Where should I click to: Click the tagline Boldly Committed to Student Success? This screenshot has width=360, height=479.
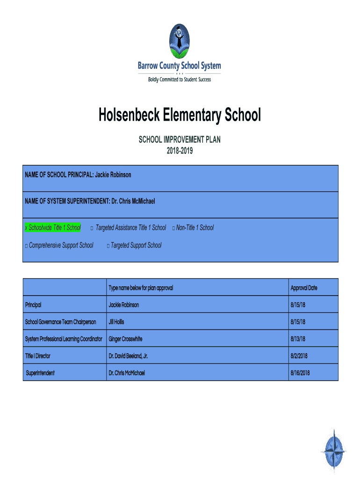pyautogui.click(x=180, y=80)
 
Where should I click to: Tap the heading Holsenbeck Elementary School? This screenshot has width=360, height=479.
pyautogui.click(x=180, y=115)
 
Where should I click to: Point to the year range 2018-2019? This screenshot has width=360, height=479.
pyautogui.click(x=180, y=151)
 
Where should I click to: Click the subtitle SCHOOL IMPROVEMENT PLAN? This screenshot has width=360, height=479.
pyautogui.click(x=180, y=139)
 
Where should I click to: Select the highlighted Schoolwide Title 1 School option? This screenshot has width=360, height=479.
pyautogui.click(x=52, y=228)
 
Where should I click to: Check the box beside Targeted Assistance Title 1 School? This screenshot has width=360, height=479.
pyautogui.click(x=92, y=228)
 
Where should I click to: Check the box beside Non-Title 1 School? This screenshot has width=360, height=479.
pyautogui.click(x=173, y=228)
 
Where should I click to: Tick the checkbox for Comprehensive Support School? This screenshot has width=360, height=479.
pyautogui.click(x=26, y=246)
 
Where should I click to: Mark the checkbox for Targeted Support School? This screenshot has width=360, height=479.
pyautogui.click(x=108, y=246)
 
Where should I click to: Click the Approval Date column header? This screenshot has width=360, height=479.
pyautogui.click(x=304, y=288)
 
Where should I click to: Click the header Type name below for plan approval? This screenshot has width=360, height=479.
pyautogui.click(x=141, y=288)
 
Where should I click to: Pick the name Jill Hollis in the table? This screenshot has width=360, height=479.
pyautogui.click(x=116, y=322)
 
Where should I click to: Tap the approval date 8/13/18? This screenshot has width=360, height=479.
pyautogui.click(x=298, y=339)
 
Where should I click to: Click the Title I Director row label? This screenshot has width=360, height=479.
pyautogui.click(x=38, y=356)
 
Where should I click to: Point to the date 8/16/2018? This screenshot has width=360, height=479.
pyautogui.click(x=300, y=373)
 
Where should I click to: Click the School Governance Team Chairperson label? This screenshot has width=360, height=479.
pyautogui.click(x=60, y=322)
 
